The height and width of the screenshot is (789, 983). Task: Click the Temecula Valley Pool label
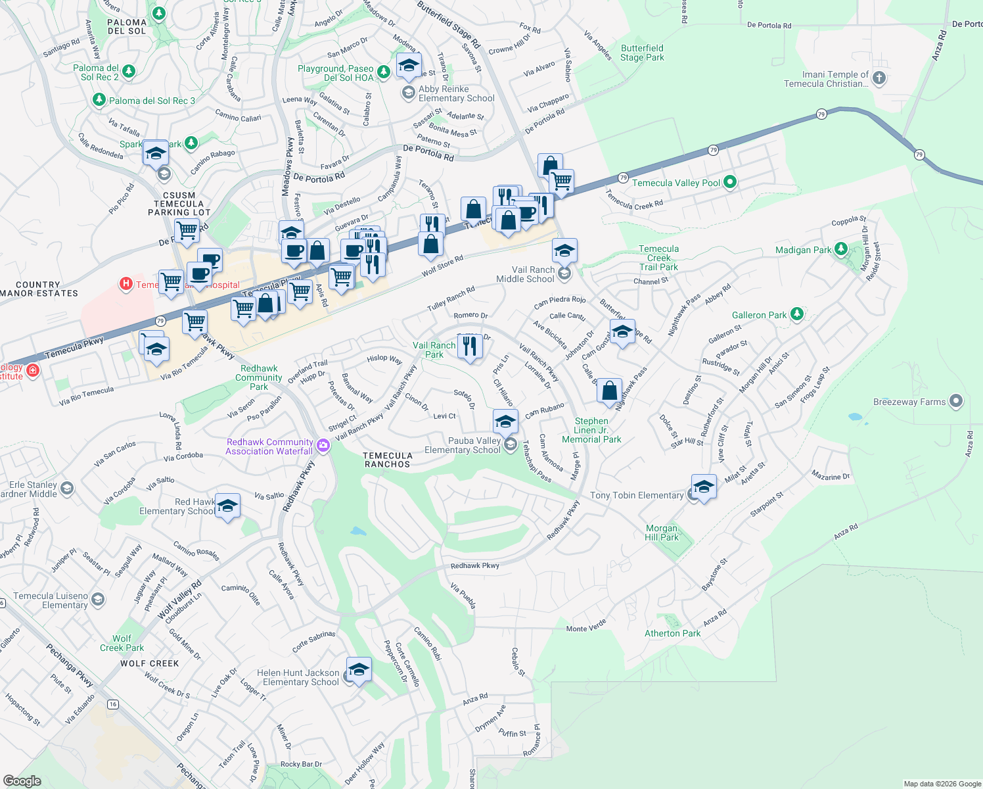676,183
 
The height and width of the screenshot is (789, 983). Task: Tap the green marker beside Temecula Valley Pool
730,182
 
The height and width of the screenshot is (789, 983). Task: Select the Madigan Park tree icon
841,249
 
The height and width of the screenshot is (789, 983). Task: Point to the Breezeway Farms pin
956,401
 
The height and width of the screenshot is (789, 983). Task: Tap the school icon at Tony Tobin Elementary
703,487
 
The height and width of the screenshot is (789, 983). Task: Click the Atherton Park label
672,633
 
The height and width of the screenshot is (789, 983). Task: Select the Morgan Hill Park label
661,533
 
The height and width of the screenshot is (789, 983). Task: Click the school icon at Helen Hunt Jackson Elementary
359,669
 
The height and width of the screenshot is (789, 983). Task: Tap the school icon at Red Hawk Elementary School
227,506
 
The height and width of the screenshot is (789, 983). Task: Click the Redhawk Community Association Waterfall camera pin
323,446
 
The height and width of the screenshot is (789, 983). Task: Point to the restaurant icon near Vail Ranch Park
470,345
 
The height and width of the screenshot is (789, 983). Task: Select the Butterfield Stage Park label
642,53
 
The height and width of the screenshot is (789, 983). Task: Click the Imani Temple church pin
879,78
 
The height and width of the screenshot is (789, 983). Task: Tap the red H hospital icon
126,284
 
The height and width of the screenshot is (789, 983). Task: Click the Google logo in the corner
22,780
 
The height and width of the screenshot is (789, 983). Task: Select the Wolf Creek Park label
122,643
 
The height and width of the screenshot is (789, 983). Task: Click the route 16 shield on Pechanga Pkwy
113,704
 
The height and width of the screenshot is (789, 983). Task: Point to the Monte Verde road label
586,627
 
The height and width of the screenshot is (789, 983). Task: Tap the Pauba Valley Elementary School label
463,445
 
